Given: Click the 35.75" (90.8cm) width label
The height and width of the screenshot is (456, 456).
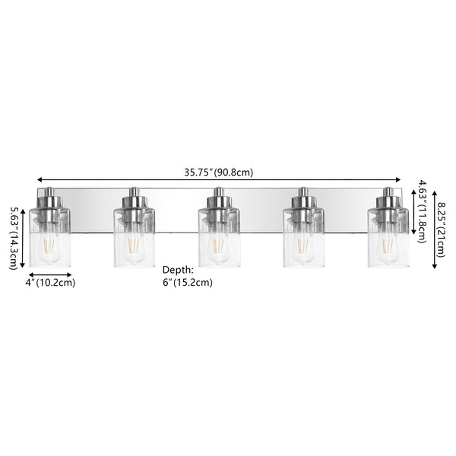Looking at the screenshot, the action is pyautogui.click(x=219, y=173).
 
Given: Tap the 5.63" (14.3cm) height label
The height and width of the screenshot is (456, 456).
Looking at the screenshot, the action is pyautogui.click(x=14, y=239).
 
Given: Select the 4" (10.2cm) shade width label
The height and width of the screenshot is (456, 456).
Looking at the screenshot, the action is pyautogui.click(x=50, y=283).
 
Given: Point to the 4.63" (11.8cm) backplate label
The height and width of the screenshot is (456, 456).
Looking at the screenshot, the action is pyautogui.click(x=423, y=212).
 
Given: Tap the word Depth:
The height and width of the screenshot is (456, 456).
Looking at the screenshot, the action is pyautogui.click(x=178, y=270).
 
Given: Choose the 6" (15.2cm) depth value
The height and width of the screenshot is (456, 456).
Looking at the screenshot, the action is pyautogui.click(x=187, y=283).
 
